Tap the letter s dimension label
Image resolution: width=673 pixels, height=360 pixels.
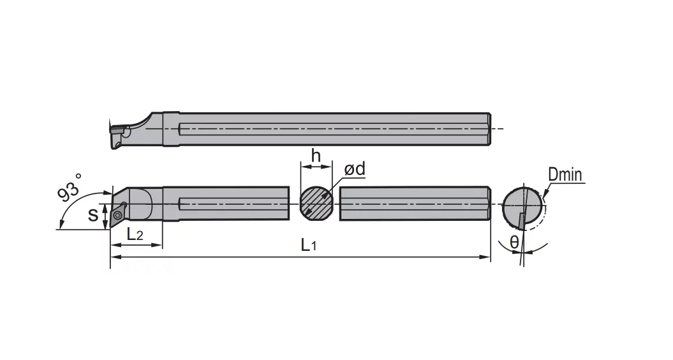pos(92,214)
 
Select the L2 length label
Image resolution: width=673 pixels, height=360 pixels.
pos(135,234)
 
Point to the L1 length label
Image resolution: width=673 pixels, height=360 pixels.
pos(309,245)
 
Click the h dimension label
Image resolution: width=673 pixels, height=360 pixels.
pos(316,156)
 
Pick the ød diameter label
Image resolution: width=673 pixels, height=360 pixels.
pos(355,169)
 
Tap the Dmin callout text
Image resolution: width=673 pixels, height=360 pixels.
pos(565,175)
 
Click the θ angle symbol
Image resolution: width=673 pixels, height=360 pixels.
pos(514,243)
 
